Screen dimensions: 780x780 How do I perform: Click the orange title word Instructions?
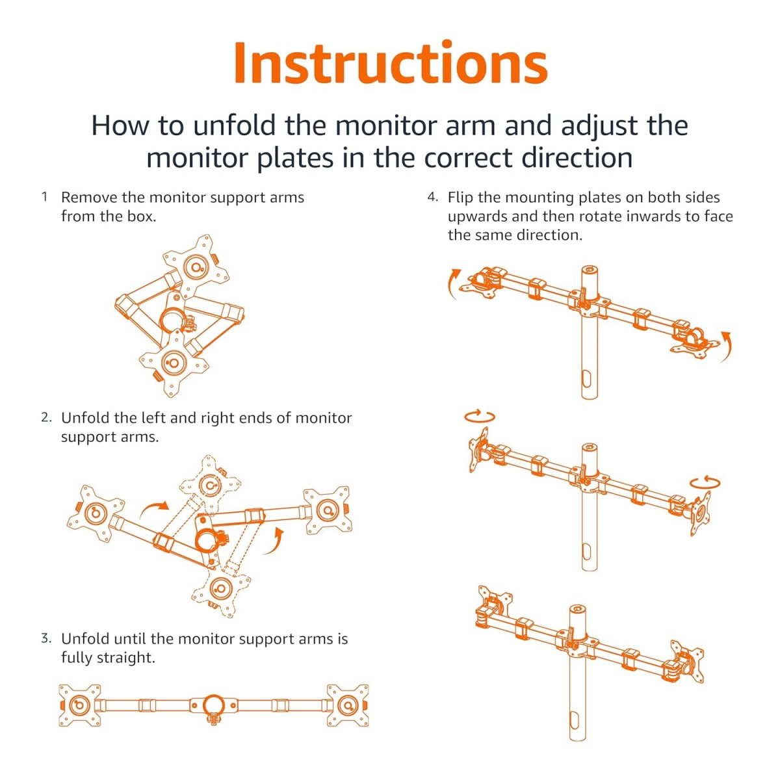coord(390,63)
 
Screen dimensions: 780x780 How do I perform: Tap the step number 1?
coord(44,197)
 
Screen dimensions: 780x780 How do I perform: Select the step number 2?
coord(46,418)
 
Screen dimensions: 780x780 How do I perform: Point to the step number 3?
coord(46,638)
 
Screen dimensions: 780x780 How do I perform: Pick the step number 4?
coord(433,197)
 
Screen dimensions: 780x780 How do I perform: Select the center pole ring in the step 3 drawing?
coord(213,705)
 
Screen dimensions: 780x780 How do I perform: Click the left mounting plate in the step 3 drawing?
coord(79,705)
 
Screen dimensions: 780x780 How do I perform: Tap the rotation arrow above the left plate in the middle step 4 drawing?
coord(480,416)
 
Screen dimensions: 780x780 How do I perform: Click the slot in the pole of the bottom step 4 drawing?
coord(574,720)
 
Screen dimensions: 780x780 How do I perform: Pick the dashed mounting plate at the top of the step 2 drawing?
coord(209,484)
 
